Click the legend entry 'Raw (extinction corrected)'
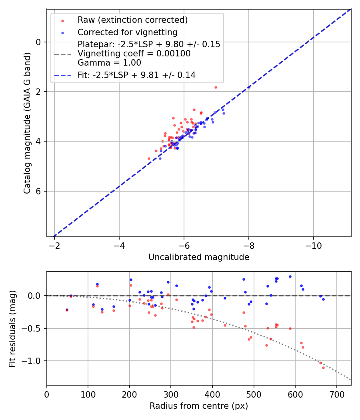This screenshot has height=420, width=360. point(132,20)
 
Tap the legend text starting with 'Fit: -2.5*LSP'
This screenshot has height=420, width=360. point(136,75)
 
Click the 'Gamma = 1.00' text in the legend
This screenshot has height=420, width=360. point(109,62)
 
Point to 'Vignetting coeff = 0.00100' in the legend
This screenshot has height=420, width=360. point(134,54)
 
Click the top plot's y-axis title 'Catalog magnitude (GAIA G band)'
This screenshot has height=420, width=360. point(27,122)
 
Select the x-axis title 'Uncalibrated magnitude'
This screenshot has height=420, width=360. point(199,257)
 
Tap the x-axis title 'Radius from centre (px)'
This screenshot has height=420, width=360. point(199,406)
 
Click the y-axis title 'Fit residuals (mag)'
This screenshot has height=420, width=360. point(13,328)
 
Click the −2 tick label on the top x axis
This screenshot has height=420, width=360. point(54,244)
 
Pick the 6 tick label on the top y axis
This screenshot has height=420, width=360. point(39,191)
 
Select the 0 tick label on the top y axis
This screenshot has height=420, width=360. point(39,42)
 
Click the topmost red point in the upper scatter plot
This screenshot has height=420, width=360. point(216,87)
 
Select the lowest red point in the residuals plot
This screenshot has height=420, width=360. point(323,368)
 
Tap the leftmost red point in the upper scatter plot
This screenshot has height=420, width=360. point(149,158)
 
